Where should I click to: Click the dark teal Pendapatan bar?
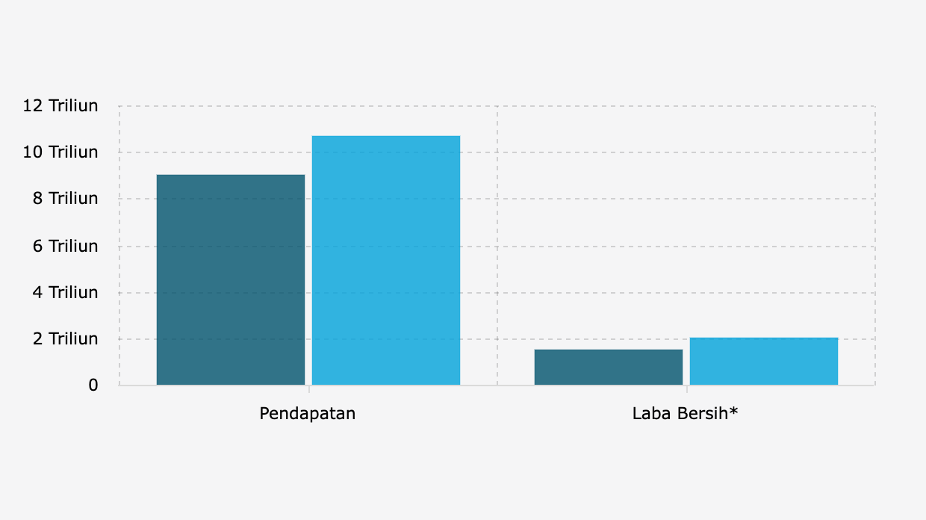tap(231, 280)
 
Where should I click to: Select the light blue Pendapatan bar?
tap(385, 261)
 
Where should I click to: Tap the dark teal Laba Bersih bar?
tap(609, 368)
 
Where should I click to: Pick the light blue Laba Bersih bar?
tap(763, 362)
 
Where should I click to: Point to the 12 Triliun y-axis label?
tap(60, 106)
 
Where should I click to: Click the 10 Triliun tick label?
tap(60, 152)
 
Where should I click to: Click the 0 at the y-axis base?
tap(93, 386)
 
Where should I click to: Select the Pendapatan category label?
tap(308, 413)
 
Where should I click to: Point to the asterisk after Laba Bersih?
tap(734, 410)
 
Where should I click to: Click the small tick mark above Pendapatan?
tap(308, 389)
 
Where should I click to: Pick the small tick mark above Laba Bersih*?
tap(687, 389)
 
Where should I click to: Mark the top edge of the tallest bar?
tap(385, 136)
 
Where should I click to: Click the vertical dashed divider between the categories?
tap(497, 247)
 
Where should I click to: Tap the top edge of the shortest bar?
tap(609, 350)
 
